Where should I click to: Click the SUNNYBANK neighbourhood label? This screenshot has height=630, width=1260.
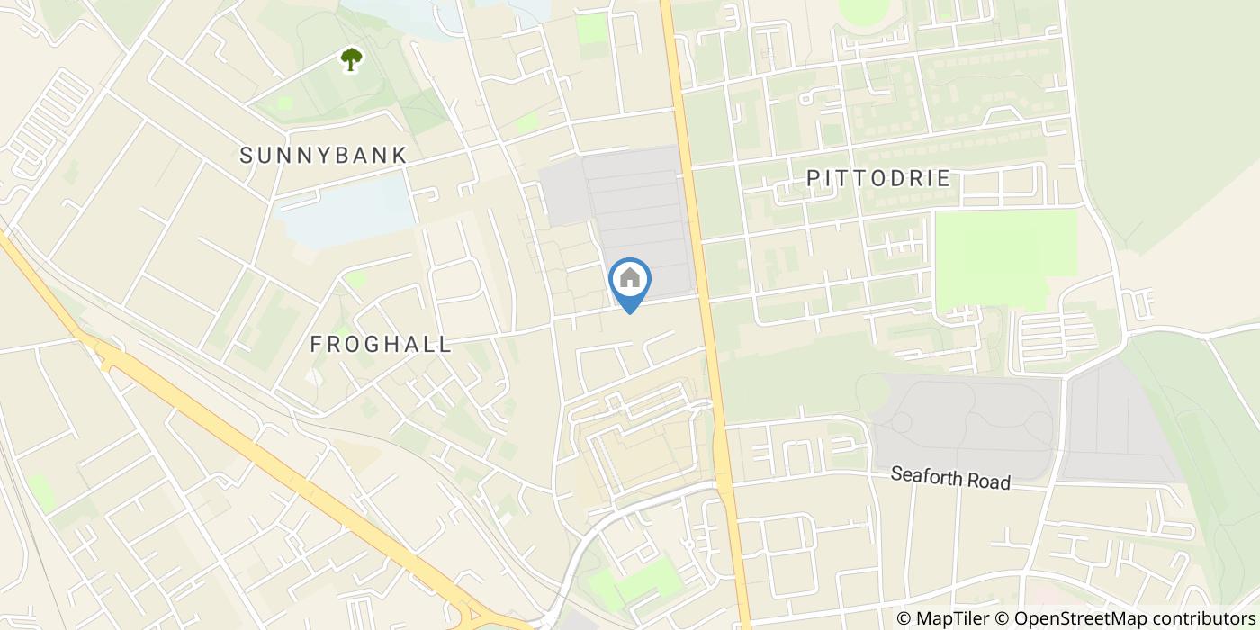[323, 156]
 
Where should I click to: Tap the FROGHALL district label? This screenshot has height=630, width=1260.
[381, 344]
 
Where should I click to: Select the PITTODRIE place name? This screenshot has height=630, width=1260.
[878, 178]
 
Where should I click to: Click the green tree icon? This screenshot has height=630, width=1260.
[351, 59]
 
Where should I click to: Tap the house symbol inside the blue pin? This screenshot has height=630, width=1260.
[630, 278]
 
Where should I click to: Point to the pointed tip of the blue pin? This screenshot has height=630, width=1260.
[630, 312]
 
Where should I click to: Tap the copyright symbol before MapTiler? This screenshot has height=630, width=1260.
[904, 618]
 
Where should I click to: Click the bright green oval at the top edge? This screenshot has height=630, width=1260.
[862, 9]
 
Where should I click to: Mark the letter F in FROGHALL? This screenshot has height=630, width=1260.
[316, 344]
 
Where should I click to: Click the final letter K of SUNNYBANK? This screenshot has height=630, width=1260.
[400, 156]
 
